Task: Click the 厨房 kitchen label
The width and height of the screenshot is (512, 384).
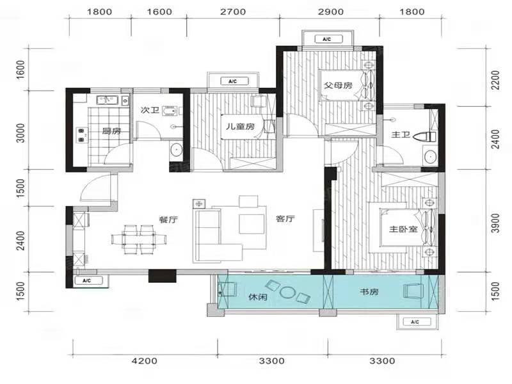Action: pyautogui.click(x=111, y=131)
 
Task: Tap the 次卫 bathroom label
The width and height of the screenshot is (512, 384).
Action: pyautogui.click(x=150, y=110)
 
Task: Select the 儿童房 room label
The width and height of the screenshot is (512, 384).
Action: pyautogui.click(x=241, y=126)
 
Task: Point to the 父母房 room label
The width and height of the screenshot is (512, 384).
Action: pyautogui.click(x=339, y=86)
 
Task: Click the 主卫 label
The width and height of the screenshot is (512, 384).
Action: pyautogui.click(x=401, y=134)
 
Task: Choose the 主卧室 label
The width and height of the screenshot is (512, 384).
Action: pyautogui.click(x=403, y=229)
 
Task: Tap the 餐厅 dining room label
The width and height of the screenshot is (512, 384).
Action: pyautogui.click(x=168, y=220)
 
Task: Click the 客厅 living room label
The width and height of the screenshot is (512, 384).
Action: pyautogui.click(x=285, y=219)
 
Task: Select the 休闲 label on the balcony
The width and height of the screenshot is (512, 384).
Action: pyautogui.click(x=258, y=297)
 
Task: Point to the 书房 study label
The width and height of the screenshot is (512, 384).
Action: pyautogui.click(x=369, y=291)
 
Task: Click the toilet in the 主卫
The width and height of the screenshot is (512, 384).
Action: pyautogui.click(x=425, y=136)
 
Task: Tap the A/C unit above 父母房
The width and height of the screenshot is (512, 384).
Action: pyautogui.click(x=328, y=39)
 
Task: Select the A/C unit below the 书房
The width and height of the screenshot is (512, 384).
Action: pyautogui.click(x=415, y=322)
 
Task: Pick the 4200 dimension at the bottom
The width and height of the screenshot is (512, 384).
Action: pyautogui.click(x=145, y=361)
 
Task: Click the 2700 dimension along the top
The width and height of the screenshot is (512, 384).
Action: pyautogui.click(x=233, y=12)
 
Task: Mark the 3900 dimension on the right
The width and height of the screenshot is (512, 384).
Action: pyautogui.click(x=495, y=223)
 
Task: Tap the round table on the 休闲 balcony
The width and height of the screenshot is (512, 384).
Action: pyautogui.click(x=287, y=292)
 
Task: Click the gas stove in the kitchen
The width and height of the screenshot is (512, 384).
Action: pyautogui.click(x=82, y=135)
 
